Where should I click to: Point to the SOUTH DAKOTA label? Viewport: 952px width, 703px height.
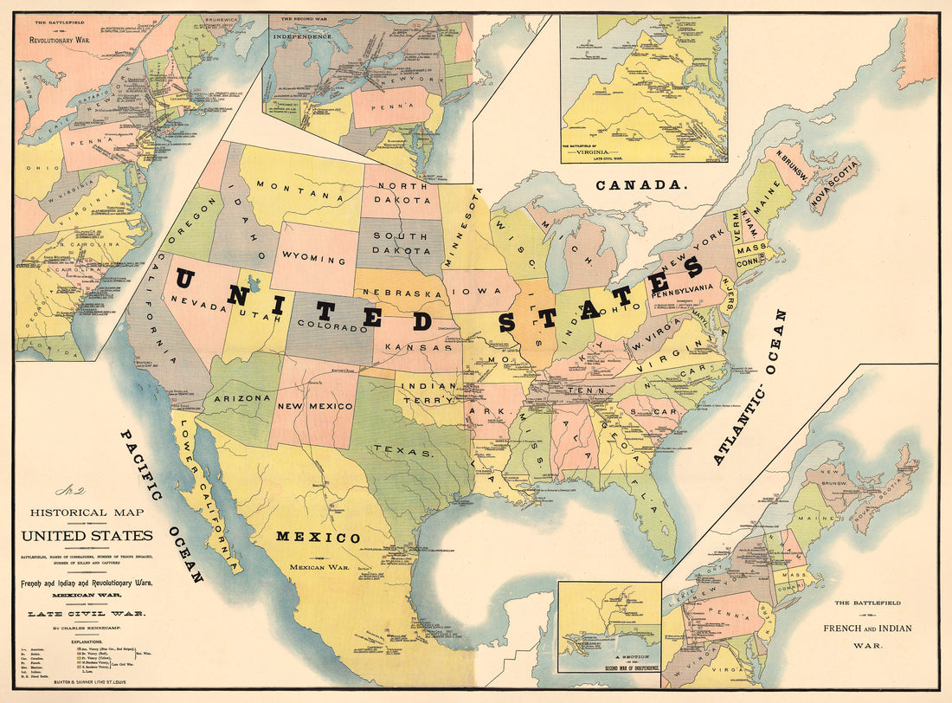coord(401,243)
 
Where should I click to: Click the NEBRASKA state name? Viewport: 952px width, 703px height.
coord(401,294)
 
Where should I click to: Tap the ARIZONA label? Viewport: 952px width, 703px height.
coord(241,397)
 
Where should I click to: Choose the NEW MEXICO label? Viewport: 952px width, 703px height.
coord(315,405)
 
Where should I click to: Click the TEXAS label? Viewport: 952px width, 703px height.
coord(402,451)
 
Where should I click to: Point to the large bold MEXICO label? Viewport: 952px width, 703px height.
coord(318,538)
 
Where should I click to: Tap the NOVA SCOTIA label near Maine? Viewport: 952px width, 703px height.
coord(834,184)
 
